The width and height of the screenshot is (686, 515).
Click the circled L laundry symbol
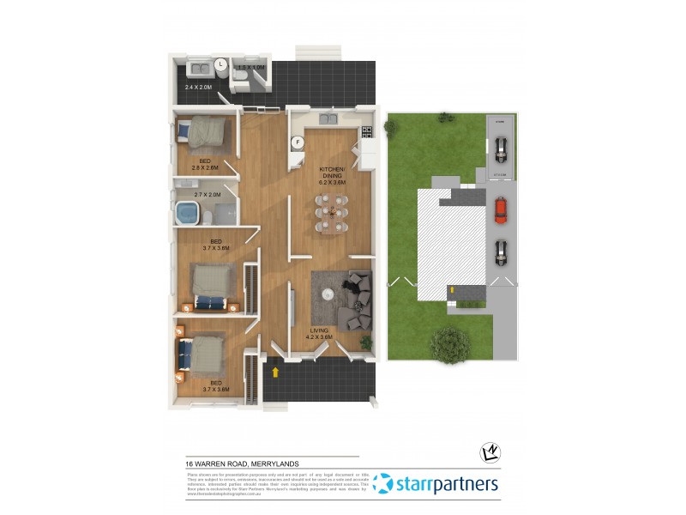pos(220,64)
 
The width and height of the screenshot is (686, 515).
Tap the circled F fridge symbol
pos(298,142)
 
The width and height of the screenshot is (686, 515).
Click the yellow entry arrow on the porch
pos(276,373)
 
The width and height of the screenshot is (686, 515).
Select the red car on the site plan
pos(501,209)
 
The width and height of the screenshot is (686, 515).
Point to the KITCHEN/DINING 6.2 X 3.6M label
pos(332,177)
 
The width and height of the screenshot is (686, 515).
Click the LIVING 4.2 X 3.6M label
pos(321,333)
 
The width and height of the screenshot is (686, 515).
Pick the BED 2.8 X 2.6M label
pos(205,164)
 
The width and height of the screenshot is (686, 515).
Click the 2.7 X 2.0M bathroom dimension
pos(207,195)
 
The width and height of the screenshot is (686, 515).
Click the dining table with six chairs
pos(331,213)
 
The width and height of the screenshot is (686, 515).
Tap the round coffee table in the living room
pos(327,294)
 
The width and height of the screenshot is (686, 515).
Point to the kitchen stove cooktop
pos(367,131)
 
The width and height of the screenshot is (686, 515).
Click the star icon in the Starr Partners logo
pos(382,484)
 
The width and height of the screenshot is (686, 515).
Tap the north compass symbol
pos(491,452)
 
